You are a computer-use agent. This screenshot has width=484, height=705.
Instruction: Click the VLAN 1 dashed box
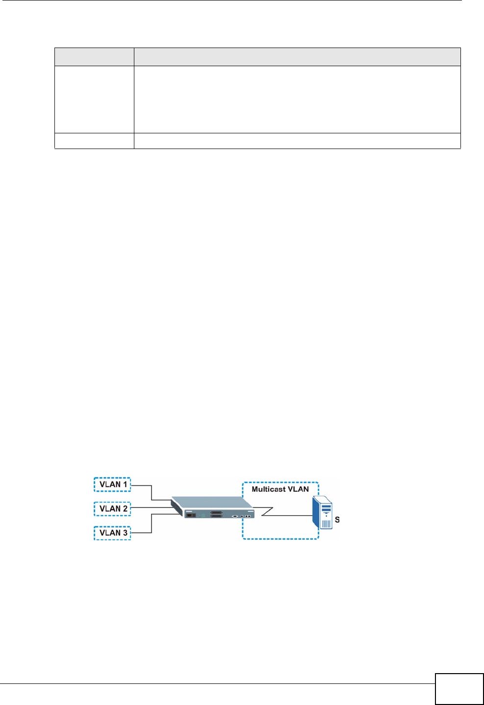112,484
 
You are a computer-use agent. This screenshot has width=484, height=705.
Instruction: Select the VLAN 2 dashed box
112,508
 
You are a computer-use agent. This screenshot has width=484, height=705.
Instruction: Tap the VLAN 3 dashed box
112,532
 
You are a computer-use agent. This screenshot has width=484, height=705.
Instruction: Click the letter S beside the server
337,520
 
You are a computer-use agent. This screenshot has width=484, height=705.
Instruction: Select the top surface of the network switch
211,503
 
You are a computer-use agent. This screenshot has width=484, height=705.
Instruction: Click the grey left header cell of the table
94,57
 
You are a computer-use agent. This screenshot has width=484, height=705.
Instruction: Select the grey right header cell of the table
297,57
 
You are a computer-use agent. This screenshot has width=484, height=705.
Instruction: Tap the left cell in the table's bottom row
94,141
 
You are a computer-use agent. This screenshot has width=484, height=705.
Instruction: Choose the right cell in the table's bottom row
297,141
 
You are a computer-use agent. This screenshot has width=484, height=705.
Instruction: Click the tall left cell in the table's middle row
94,100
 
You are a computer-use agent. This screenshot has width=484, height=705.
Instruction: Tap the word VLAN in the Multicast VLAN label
298,489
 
